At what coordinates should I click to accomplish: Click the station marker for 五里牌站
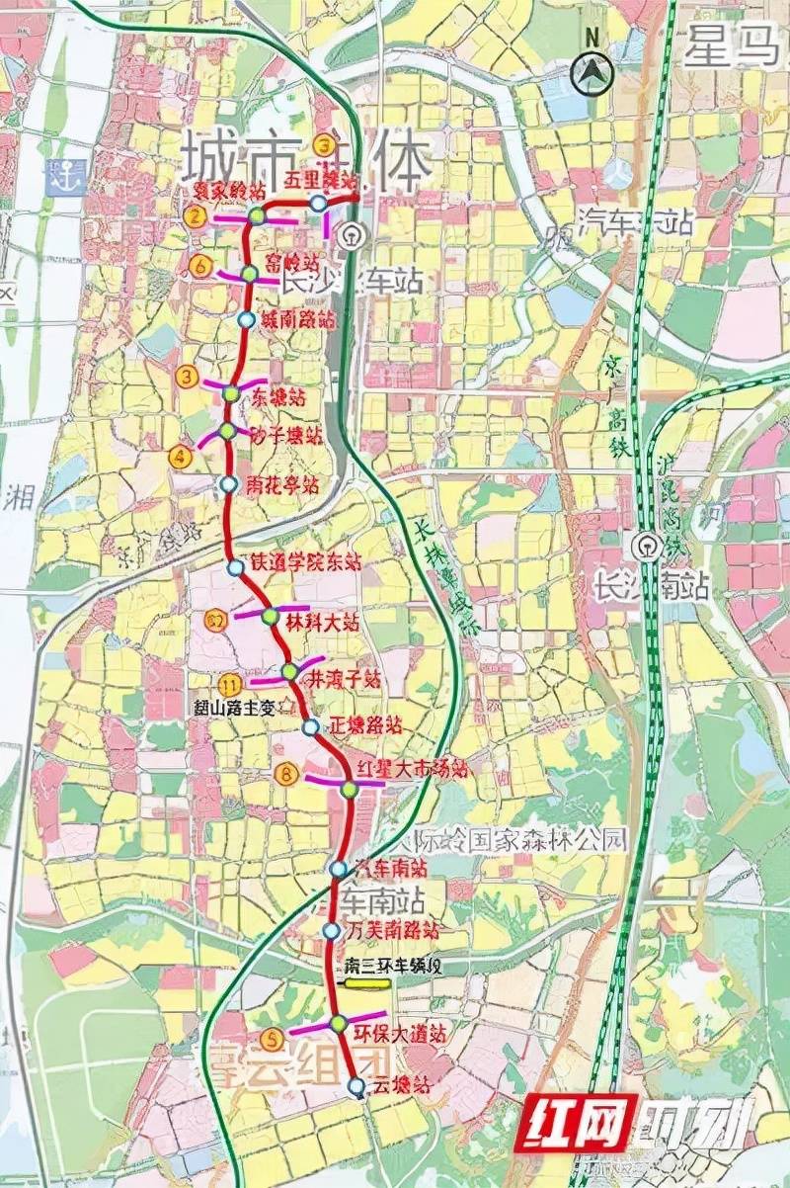click(x=318, y=203)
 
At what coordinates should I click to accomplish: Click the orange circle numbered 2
click(x=197, y=216)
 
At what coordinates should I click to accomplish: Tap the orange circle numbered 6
click(x=201, y=266)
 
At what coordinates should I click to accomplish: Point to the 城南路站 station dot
click(x=246, y=320)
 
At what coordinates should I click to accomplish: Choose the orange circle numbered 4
click(x=180, y=456)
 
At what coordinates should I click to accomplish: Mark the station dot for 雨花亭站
click(x=228, y=484)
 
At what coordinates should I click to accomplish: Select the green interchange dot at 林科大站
click(x=271, y=616)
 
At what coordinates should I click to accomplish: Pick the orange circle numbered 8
click(x=287, y=776)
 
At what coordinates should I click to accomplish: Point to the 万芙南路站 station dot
click(x=333, y=931)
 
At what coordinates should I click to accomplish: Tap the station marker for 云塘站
click(x=356, y=1086)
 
